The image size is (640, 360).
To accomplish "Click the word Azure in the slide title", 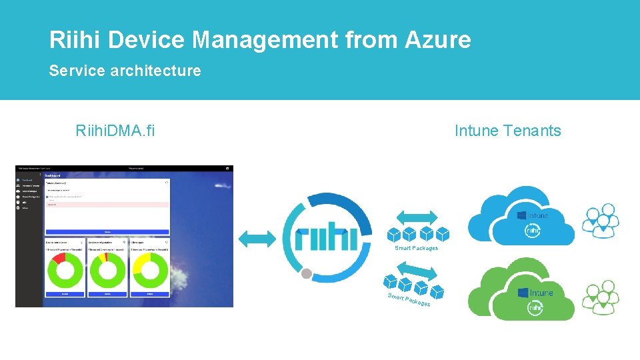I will [x=437, y=40].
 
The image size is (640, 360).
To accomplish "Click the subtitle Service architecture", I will [x=125, y=71].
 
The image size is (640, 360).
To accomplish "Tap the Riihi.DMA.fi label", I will [x=115, y=131].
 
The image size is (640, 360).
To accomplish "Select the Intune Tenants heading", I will [x=507, y=131].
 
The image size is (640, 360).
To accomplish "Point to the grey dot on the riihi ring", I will [x=307, y=273].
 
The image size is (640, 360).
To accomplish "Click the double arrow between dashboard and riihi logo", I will [x=257, y=239].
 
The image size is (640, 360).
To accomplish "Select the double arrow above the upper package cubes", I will [x=417, y=217].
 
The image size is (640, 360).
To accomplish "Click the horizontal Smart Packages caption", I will [x=416, y=248].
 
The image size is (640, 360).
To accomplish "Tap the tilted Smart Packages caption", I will [x=409, y=300].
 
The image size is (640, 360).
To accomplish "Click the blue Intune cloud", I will [x=520, y=213].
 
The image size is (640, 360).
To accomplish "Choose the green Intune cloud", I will [x=521, y=291].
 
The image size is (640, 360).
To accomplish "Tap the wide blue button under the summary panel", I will [x=107, y=232].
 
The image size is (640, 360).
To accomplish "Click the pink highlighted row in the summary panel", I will [x=107, y=205].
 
